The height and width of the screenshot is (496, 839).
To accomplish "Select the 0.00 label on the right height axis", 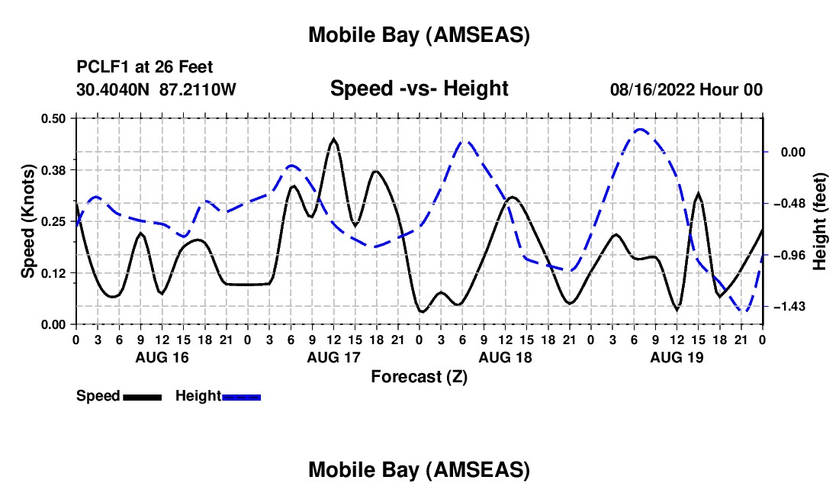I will click(793, 152).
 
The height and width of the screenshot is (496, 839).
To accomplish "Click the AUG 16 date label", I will click(161, 357).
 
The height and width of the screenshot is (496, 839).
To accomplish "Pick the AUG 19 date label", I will click(676, 357).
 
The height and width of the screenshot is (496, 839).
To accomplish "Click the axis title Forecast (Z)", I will click(418, 376).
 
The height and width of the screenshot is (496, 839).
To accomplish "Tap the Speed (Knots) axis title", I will click(27, 221).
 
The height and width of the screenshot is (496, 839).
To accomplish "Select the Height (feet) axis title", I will click(821, 221).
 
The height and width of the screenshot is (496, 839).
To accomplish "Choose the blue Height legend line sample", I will click(241, 396).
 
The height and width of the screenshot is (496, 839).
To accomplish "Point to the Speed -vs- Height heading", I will click(419, 89).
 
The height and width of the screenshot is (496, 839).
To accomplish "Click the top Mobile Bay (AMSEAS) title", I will click(419, 34).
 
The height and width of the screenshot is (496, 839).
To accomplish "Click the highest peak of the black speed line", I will click(333, 140).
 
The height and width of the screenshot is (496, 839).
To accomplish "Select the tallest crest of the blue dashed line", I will click(641, 130).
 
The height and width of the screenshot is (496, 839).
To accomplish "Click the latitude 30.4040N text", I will click(114, 90).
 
